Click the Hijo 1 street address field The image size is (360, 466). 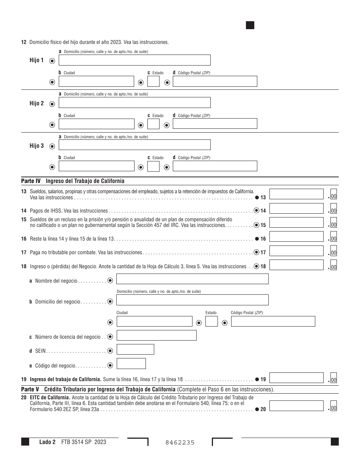(x=135, y=60)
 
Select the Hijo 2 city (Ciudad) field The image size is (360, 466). (x=96, y=124)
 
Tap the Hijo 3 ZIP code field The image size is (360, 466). (x=214, y=166)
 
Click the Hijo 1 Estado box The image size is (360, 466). (x=153, y=82)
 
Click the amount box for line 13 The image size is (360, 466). (x=291, y=194)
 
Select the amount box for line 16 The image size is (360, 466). (x=291, y=237)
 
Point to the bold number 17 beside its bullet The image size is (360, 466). (x=263, y=252)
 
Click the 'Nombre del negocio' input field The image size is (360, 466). (x=192, y=279)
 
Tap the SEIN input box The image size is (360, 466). (x=135, y=349)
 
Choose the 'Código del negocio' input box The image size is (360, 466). (x=131, y=364)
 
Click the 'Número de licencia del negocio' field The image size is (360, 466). (x=157, y=335)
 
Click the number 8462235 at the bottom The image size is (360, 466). (x=180, y=442)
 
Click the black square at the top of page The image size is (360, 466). (x=250, y=25)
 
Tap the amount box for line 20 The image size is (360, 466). (x=291, y=406)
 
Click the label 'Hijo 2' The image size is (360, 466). (x=37, y=103)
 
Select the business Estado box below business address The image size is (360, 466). (x=211, y=322)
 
